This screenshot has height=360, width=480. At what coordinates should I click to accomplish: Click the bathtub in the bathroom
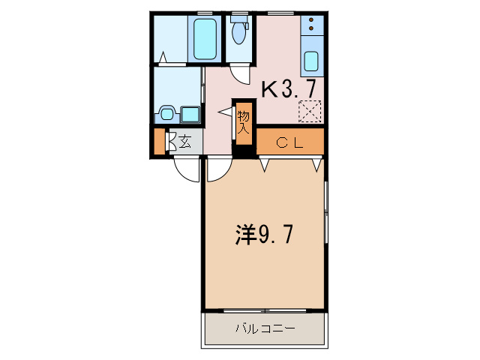[205, 39]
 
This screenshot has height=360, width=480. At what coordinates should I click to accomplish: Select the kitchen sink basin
[311, 60]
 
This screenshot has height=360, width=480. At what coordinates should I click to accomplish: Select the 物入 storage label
[244, 121]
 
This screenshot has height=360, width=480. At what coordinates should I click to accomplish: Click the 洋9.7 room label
[263, 235]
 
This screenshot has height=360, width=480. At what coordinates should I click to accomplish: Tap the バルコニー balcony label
[265, 328]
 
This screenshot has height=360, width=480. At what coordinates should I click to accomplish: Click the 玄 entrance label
[183, 141]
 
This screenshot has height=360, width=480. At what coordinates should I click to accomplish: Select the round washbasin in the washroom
[166, 115]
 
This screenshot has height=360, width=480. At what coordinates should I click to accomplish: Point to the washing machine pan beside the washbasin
[190, 115]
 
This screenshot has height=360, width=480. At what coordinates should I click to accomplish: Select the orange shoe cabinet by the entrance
[159, 142]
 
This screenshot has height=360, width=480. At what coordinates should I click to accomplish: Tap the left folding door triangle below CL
[264, 162]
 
